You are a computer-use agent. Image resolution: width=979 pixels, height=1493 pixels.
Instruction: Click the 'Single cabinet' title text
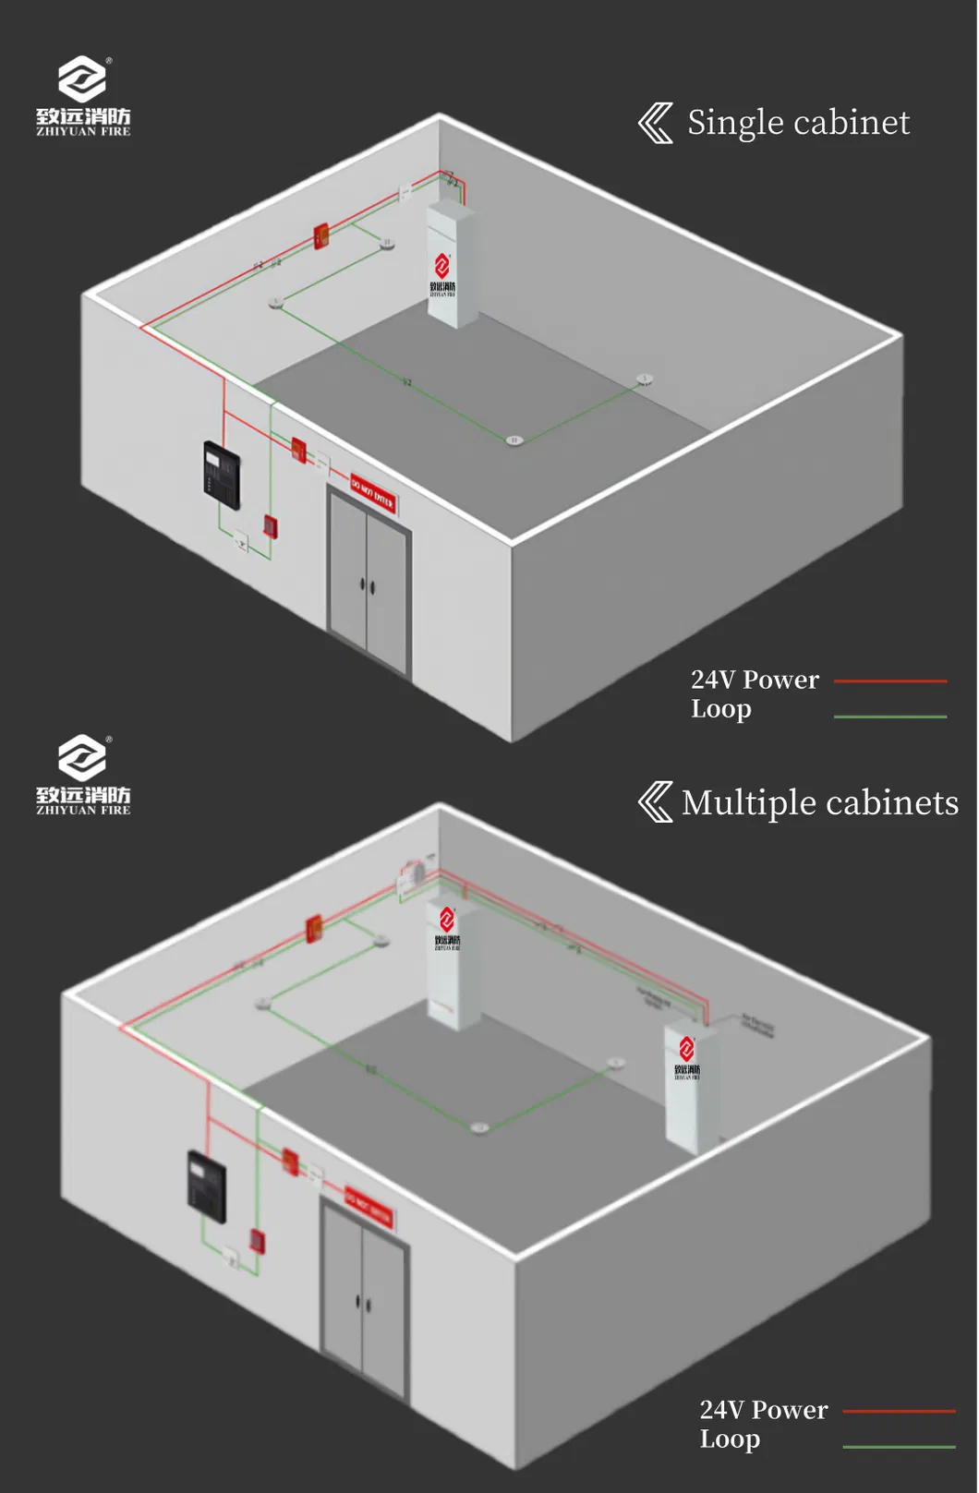(x=798, y=123)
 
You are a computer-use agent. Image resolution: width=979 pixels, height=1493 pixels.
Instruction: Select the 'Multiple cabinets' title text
(x=820, y=803)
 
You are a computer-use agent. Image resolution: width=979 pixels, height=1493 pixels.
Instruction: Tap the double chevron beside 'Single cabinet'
(x=656, y=123)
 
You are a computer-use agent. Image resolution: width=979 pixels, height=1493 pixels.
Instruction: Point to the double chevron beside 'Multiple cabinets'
(x=656, y=801)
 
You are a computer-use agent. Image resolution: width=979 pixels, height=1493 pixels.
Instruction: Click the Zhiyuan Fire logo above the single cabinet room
(x=83, y=96)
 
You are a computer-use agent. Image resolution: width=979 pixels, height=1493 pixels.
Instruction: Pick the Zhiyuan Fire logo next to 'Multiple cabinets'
(x=83, y=775)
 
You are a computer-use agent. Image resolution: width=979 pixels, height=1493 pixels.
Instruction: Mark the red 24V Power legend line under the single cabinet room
(x=890, y=681)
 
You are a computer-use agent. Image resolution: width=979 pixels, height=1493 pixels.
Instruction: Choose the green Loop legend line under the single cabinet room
(x=890, y=716)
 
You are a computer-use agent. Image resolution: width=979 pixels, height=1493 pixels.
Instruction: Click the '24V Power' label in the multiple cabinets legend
(x=764, y=1410)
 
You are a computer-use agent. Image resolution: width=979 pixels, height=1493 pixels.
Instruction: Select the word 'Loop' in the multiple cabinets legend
(x=730, y=1439)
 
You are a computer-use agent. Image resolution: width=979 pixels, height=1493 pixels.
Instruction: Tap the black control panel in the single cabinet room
(x=222, y=475)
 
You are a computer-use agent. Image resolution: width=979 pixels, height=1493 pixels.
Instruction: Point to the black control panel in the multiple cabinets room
(x=207, y=1186)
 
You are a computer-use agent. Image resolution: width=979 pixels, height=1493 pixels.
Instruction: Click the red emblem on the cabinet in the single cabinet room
(x=442, y=266)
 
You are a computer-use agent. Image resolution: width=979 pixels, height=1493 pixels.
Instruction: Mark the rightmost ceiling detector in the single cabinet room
(x=645, y=379)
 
